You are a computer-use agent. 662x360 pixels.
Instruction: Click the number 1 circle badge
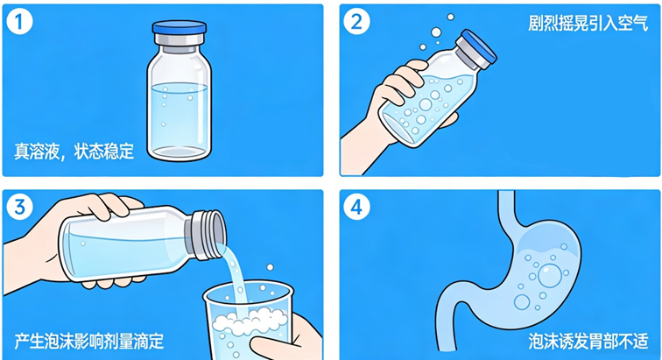19,22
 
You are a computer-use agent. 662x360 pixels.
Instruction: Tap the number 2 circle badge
356,22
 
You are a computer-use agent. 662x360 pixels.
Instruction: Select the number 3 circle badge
19,207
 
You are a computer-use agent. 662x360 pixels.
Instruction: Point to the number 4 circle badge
356,207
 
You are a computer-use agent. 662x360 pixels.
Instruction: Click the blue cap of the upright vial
180,27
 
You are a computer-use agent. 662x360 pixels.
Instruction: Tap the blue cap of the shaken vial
479,48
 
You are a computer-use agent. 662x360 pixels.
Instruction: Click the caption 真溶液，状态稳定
74,152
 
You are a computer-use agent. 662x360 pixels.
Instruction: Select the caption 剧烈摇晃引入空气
588,23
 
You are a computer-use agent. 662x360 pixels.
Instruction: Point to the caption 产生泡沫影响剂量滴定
89,341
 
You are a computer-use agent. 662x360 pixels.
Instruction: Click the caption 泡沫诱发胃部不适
588,341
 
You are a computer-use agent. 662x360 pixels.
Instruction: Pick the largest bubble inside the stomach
550,276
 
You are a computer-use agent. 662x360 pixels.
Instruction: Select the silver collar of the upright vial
180,40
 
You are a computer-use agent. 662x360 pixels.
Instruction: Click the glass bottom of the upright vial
180,152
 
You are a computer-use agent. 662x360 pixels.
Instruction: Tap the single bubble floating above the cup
270,267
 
